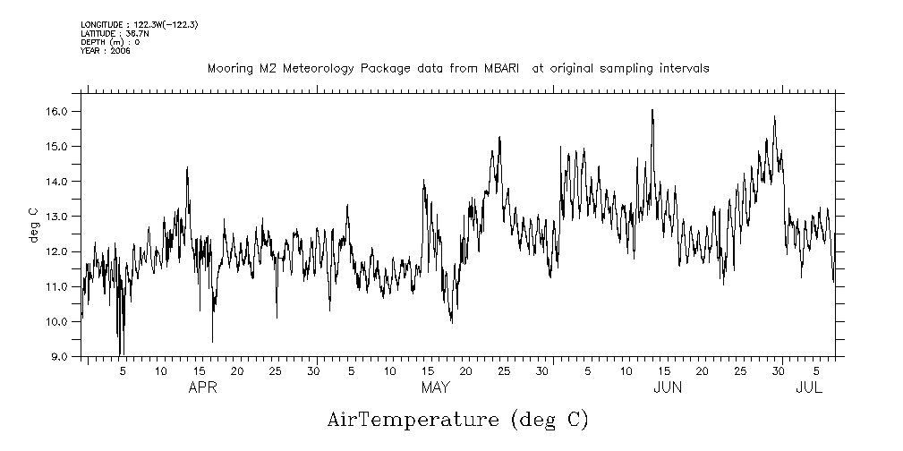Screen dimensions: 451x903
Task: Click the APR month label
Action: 201,387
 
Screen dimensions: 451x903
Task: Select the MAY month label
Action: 435,387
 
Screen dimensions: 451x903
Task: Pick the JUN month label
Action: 668,387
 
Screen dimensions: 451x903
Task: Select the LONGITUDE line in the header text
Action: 139,24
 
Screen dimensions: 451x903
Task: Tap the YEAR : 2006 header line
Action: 106,51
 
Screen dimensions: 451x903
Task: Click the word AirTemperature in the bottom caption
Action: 412,420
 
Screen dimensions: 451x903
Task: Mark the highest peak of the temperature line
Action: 652,110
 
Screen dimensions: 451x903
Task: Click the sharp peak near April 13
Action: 187,167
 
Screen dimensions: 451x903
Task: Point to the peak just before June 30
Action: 774,116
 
